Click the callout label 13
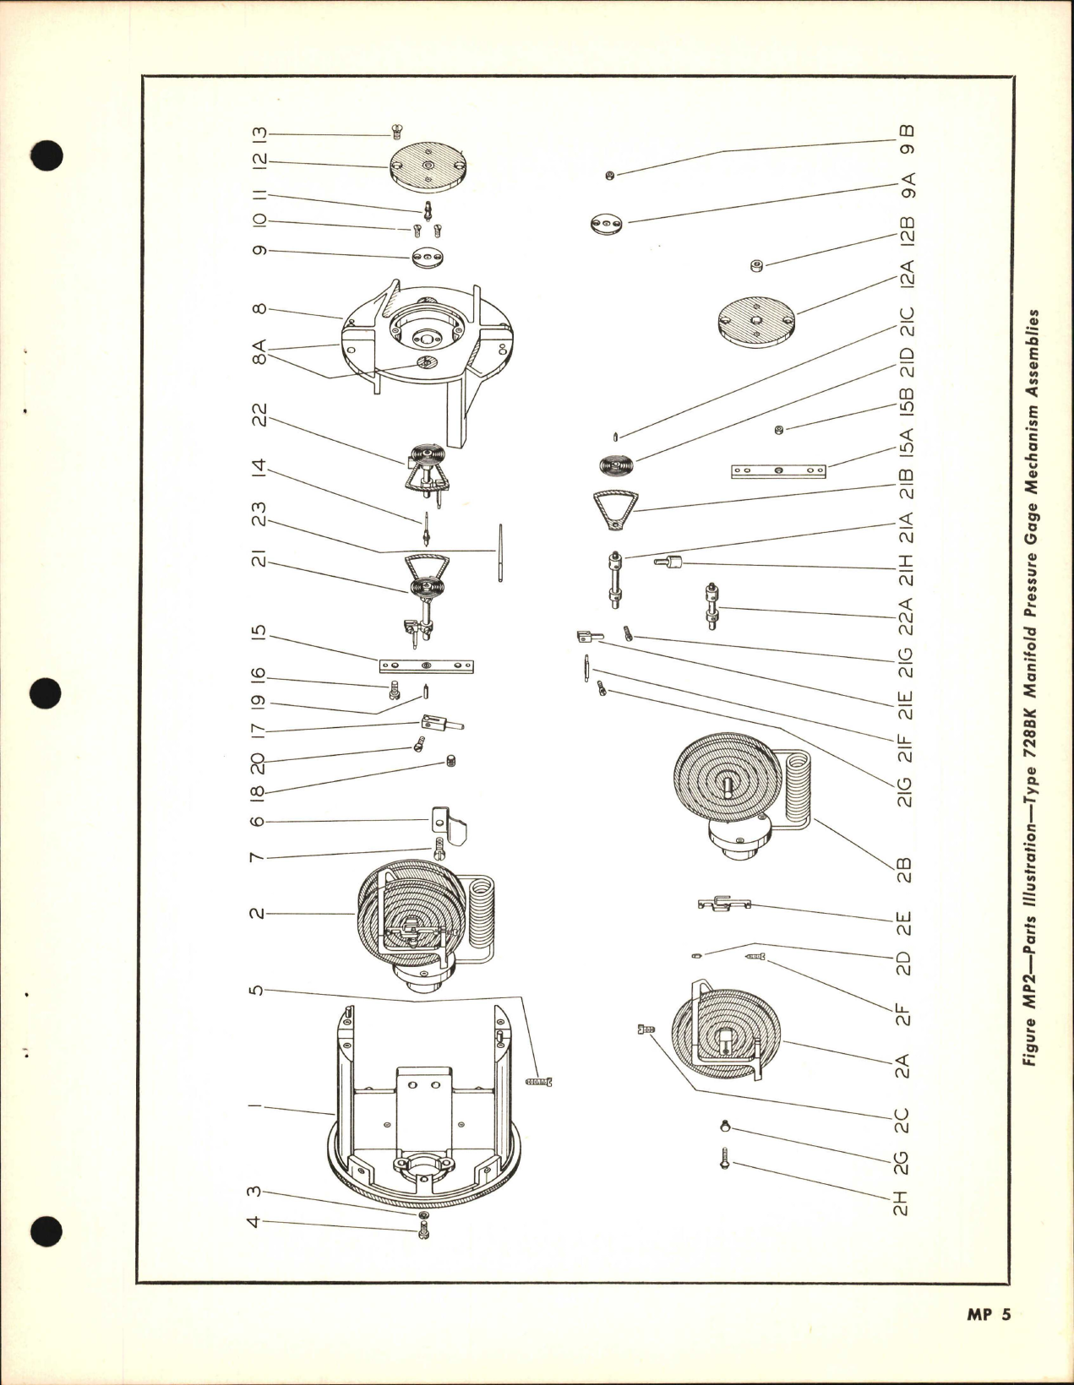pos(259,135)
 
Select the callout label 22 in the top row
pos(259,415)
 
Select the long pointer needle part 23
pos(499,554)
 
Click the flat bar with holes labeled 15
pos(426,667)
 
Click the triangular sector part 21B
pos(615,510)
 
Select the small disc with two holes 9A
pos(607,224)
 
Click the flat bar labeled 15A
pos(777,471)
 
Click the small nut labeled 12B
pos(756,267)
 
